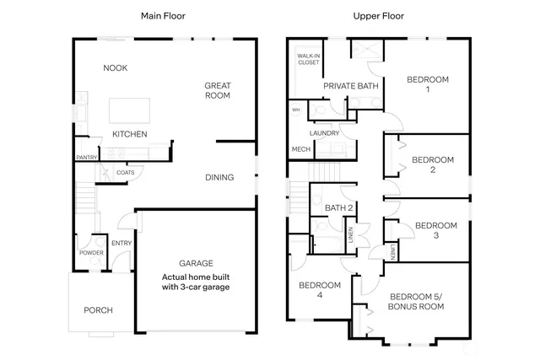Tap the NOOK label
(115, 68)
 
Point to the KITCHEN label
(130, 134)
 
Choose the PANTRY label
(87, 158)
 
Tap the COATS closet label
(126, 173)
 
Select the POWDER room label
(91, 253)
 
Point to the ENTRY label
(121, 244)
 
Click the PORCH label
(98, 310)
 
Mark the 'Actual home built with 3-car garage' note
(196, 282)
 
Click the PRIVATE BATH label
(350, 85)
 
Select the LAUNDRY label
(324, 133)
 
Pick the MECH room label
(300, 149)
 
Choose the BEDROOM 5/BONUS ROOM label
(416, 302)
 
